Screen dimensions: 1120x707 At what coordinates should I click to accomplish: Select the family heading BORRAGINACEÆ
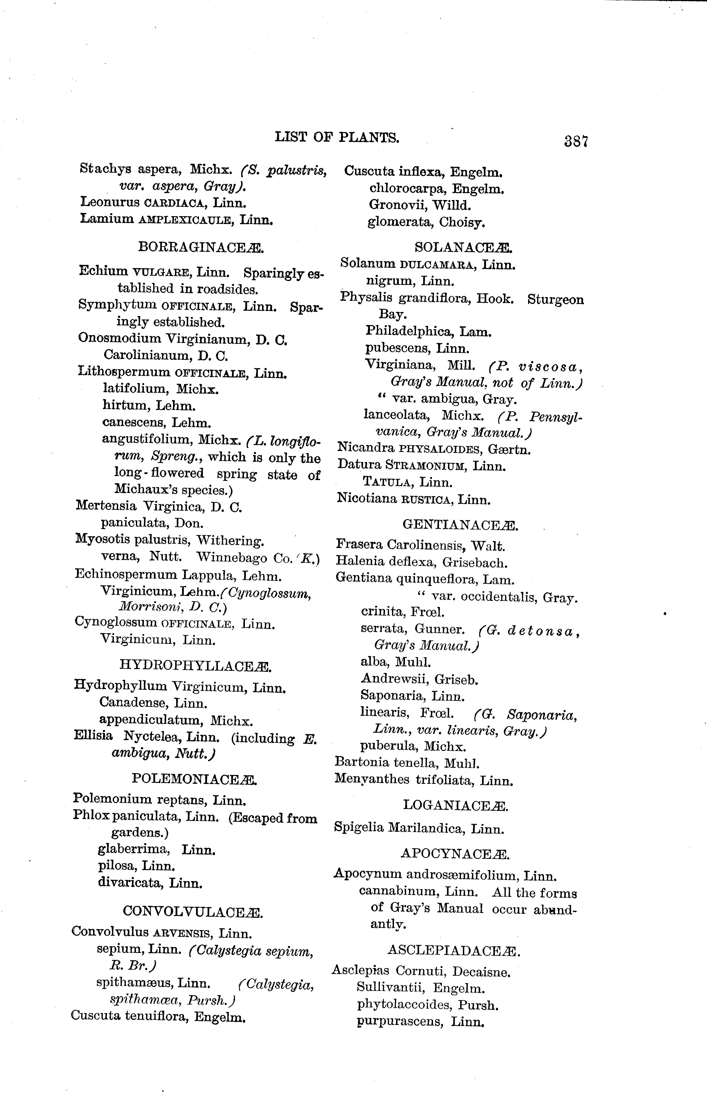[201, 247]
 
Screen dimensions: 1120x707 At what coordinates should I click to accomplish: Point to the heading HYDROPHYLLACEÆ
[195, 665]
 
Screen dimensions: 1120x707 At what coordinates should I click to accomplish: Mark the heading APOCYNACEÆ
[455, 854]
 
